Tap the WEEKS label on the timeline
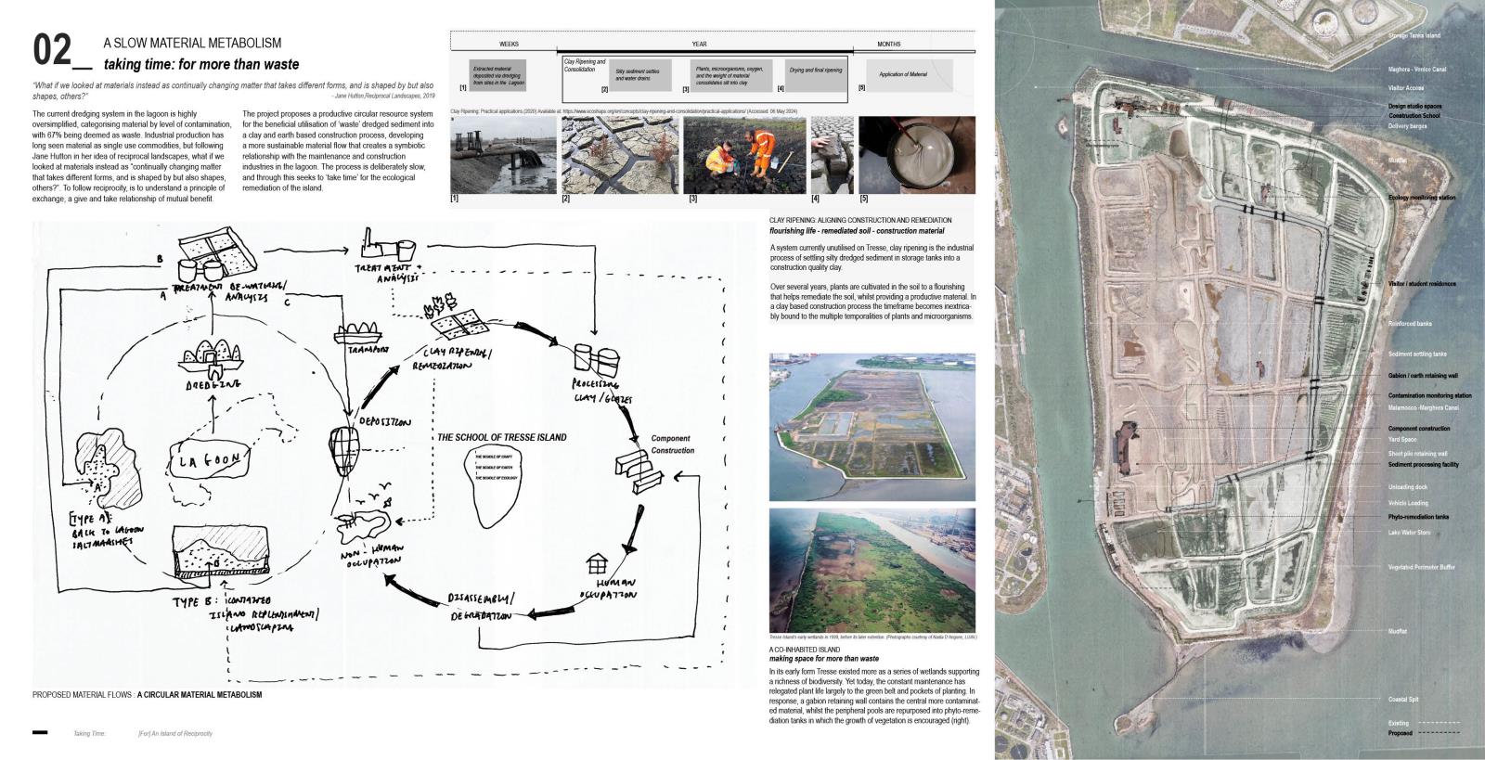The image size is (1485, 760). click(x=509, y=44)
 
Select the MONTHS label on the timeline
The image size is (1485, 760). click(x=888, y=44)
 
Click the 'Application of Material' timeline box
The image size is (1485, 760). click(x=903, y=74)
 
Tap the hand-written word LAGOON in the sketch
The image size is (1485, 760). click(x=210, y=459)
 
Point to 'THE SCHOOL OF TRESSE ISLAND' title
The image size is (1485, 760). click(x=501, y=438)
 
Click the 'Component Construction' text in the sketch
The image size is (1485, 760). click(x=672, y=444)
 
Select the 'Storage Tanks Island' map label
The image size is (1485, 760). click(x=1414, y=35)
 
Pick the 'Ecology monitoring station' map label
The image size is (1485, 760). click(x=1421, y=198)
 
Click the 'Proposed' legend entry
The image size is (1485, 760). click(x=1400, y=733)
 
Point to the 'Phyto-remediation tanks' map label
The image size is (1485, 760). click(x=1418, y=517)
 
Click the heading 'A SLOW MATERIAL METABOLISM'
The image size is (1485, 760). click(x=191, y=44)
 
